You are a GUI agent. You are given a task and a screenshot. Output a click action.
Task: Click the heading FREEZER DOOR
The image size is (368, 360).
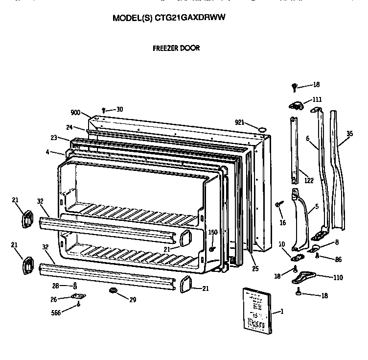(x=176, y=48)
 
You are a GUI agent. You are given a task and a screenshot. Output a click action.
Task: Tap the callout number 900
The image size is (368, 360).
(x=75, y=112)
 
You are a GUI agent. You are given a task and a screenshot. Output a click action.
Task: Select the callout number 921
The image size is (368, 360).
(x=239, y=122)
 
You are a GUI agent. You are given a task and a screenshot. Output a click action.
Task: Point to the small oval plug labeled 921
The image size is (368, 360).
(x=262, y=129)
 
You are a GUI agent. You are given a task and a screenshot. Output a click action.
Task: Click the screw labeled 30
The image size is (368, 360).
(x=104, y=110)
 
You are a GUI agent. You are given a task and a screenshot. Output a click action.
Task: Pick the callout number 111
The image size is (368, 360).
(x=317, y=99)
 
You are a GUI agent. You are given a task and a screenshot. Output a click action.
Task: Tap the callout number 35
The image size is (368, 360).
(x=349, y=133)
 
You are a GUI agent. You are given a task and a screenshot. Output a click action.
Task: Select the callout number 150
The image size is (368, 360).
(x=213, y=232)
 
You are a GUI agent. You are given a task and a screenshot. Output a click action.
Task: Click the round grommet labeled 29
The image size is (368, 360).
(x=114, y=291)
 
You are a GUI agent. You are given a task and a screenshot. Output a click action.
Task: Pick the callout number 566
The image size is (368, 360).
(x=56, y=312)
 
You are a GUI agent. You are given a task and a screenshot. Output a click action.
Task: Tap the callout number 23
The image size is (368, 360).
(x=54, y=138)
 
